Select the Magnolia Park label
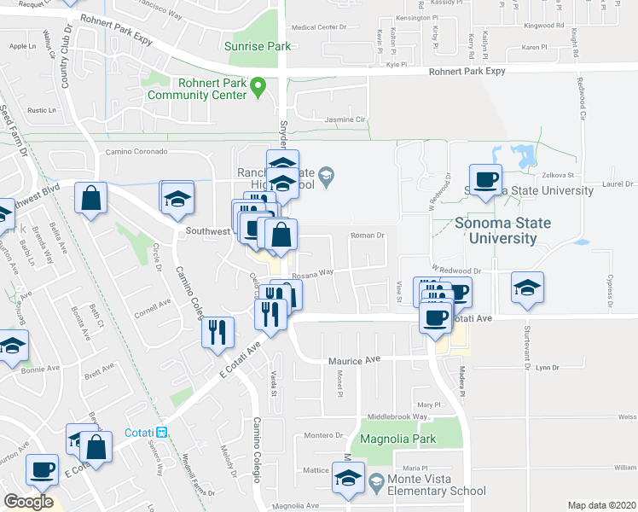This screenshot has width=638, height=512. [397, 439]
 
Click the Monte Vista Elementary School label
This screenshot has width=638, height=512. [437, 485]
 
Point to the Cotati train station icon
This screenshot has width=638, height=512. [161, 432]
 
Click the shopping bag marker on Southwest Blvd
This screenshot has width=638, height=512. [90, 199]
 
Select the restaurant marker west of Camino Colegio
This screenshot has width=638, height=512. [218, 330]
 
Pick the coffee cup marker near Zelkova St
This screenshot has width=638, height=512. [486, 180]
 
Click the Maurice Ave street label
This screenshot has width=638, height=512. [354, 361]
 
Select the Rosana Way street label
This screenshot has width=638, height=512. [313, 275]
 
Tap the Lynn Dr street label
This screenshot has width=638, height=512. [547, 368]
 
